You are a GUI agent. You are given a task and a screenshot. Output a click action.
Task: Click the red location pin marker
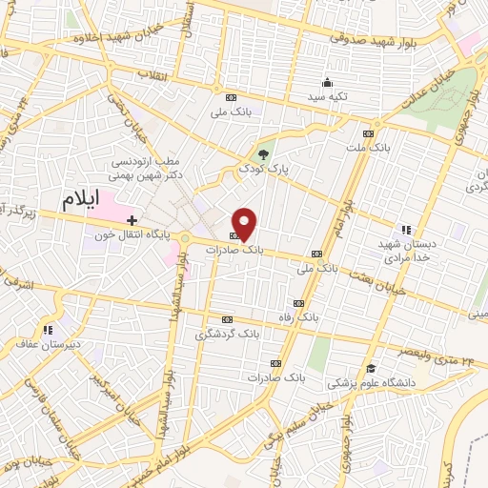[245, 224]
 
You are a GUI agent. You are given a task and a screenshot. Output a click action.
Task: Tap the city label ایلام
[81, 200]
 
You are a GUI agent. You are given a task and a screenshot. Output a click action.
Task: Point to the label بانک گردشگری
[227, 335]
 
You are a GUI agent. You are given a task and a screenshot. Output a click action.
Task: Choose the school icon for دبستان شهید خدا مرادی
[407, 230]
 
